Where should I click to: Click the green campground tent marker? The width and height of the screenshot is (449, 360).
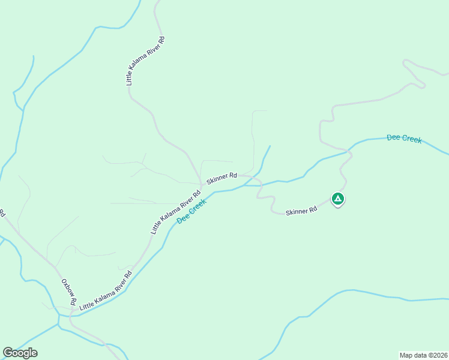point(338,199)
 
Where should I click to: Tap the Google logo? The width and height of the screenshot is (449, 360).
point(20,353)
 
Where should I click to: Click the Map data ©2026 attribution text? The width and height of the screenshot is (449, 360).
point(423,355)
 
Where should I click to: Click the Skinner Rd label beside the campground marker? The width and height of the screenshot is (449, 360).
point(301,212)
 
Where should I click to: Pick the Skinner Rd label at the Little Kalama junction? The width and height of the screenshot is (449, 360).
point(221,178)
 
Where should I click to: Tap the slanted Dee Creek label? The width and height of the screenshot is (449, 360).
point(191,212)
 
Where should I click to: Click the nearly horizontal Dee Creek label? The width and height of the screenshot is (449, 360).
point(404,139)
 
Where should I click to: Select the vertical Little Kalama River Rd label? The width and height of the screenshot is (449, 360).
point(145,61)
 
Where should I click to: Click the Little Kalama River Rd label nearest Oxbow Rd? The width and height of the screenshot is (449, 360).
point(106,291)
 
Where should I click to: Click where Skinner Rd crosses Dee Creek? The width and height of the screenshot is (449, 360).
point(259,185)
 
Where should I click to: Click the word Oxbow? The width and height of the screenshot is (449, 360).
point(64,287)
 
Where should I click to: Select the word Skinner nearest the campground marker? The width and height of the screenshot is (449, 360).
point(297,212)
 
